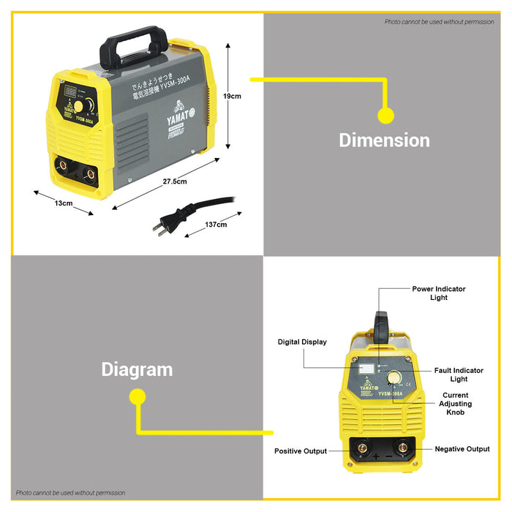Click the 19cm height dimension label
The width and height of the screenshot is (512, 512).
click(233, 96)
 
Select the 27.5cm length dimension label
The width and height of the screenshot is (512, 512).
click(175, 181)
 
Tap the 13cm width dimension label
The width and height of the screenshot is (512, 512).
click(64, 203)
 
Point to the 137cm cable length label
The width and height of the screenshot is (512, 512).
click(217, 225)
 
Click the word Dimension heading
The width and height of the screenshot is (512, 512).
click(384, 140)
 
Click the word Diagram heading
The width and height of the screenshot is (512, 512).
click(137, 369)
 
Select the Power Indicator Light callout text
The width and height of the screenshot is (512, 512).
click(439, 293)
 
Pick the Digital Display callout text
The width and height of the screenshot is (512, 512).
click(302, 342)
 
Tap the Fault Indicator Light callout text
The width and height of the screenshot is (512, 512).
click(459, 374)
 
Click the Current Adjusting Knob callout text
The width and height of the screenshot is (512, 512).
click(456, 404)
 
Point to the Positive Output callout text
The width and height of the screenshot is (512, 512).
click(301, 451)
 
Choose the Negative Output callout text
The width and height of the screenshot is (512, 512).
click(462, 449)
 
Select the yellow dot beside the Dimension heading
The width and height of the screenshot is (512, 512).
click(385, 115)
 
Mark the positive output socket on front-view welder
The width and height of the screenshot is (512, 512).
click(360, 447)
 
